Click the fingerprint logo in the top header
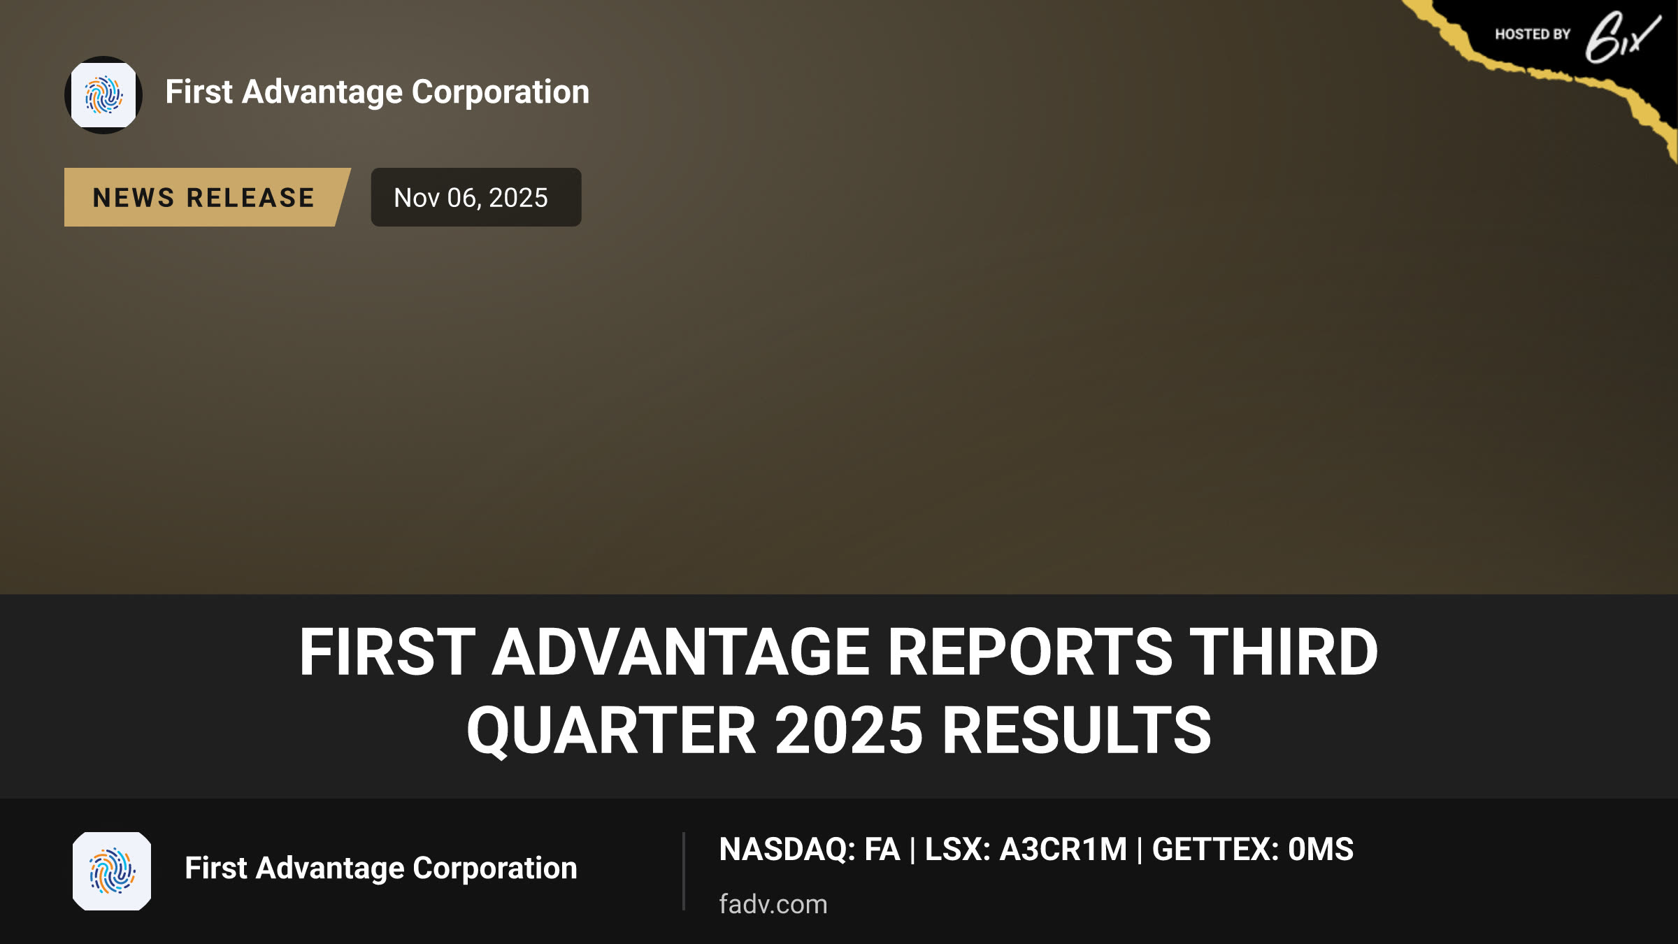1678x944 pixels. [103, 95]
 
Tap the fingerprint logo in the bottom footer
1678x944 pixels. [112, 871]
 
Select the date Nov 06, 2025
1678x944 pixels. [471, 198]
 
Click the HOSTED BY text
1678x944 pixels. [1533, 34]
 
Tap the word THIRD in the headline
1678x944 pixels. [1284, 652]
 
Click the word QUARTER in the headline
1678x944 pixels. [612, 730]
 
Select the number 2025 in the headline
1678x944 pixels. [849, 730]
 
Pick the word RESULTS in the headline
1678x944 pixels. [1077, 730]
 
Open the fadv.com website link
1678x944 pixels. [773, 904]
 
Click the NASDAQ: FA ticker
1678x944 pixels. [810, 850]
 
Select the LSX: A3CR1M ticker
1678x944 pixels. [1026, 850]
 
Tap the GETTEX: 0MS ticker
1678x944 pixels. [1253, 850]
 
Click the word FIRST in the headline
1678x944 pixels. [387, 652]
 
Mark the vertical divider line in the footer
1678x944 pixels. [684, 871]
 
